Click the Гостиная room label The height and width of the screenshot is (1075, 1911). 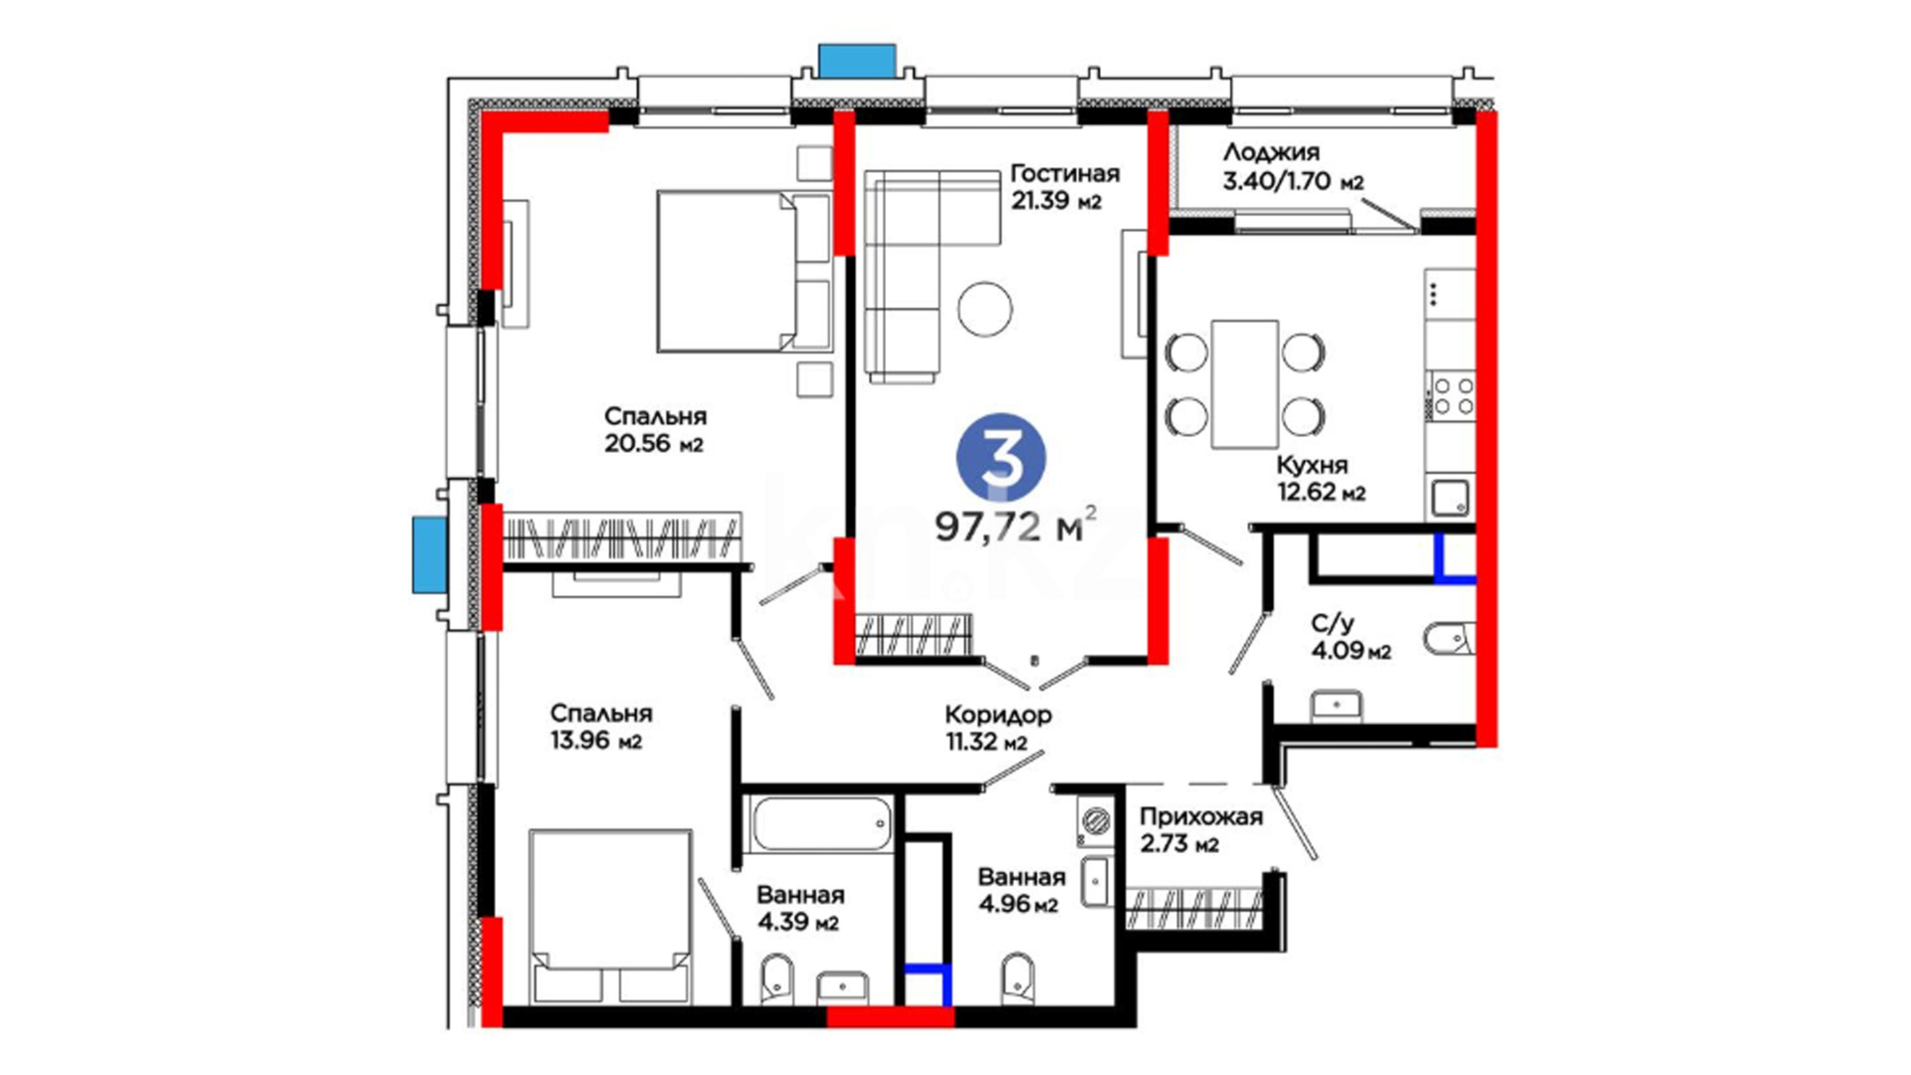pyautogui.click(x=1064, y=173)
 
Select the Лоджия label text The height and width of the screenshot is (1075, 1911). pyautogui.click(x=1271, y=152)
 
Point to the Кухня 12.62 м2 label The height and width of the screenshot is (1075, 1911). pyautogui.click(x=1321, y=479)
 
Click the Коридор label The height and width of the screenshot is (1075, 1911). pyautogui.click(x=997, y=715)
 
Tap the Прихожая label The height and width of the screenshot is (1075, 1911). pyautogui.click(x=1200, y=817)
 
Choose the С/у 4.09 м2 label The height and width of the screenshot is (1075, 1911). pyautogui.click(x=1350, y=637)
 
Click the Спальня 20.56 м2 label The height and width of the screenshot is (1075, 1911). pyautogui.click(x=655, y=430)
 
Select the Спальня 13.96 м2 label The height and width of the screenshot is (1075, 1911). pyautogui.click(x=600, y=727)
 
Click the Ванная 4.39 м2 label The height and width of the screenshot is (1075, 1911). pyautogui.click(x=799, y=909)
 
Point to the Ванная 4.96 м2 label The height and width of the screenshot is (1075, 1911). pyautogui.click(x=1020, y=891)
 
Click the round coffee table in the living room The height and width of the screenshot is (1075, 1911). pyautogui.click(x=985, y=308)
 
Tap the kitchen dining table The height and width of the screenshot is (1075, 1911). pyautogui.click(x=1245, y=384)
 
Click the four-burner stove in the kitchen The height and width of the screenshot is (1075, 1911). pyautogui.click(x=1451, y=395)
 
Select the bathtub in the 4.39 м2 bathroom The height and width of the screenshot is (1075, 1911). pyautogui.click(x=821, y=824)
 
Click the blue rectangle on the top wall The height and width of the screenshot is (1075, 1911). pyautogui.click(x=857, y=61)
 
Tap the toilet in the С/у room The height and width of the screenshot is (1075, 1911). pyautogui.click(x=1448, y=638)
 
